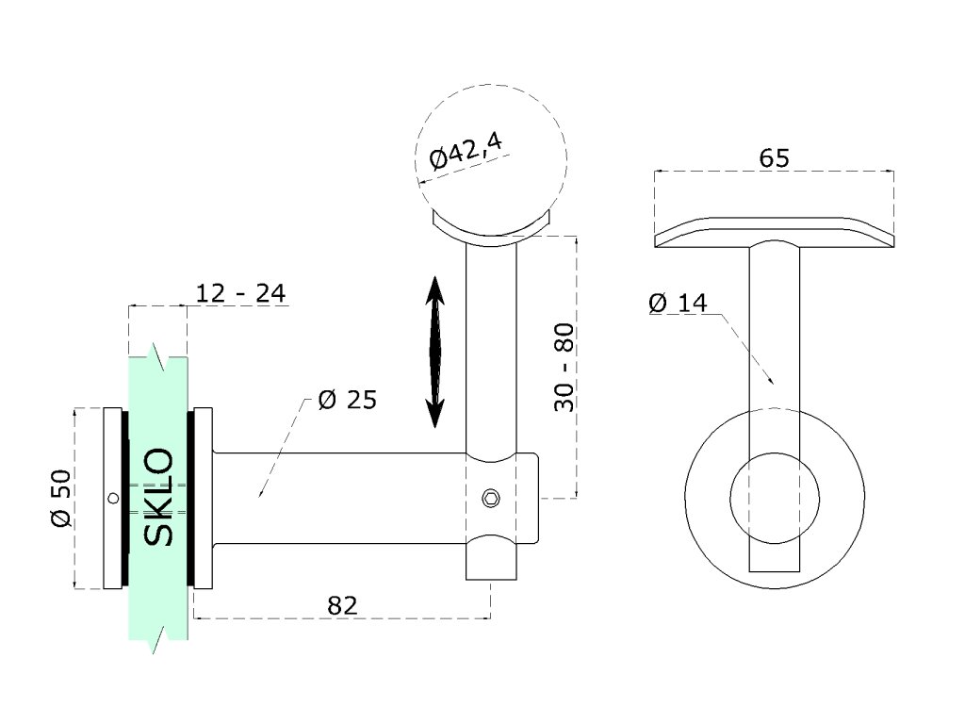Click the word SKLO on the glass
pyautogui.click(x=158, y=497)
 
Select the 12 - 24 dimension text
pyautogui.click(x=239, y=293)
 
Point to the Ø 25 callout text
pyautogui.click(x=347, y=400)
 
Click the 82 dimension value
pyautogui.click(x=342, y=605)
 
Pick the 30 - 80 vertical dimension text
pyautogui.click(x=564, y=368)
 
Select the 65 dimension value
pyautogui.click(x=774, y=158)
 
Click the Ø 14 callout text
pyautogui.click(x=677, y=303)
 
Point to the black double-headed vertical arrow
pyautogui.click(x=435, y=351)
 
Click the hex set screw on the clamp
pyautogui.click(x=491, y=498)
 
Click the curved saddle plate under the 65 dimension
pyautogui.click(x=774, y=232)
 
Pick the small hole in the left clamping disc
pyautogui.click(x=113, y=498)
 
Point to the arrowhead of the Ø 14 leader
pyautogui.click(x=771, y=382)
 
